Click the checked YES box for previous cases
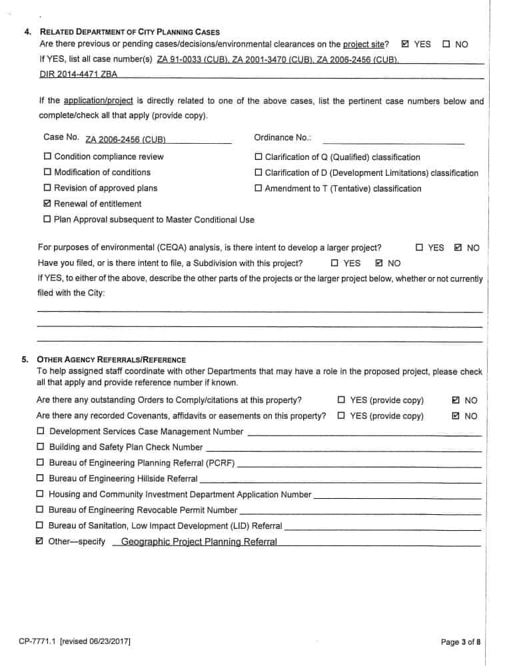click(405, 45)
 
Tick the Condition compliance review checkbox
click(47, 157)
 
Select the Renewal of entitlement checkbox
click(47, 204)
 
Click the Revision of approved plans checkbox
click(47, 188)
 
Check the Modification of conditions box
click(47, 172)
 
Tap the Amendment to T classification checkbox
click(258, 188)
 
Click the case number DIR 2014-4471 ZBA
click(79, 74)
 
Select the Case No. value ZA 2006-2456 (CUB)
click(125, 140)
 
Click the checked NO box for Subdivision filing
click(380, 263)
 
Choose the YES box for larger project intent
click(420, 248)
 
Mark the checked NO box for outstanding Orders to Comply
click(456, 400)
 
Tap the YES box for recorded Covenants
click(341, 416)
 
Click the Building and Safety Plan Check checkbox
click(41, 448)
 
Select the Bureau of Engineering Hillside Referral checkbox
click(41, 478)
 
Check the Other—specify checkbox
click(41, 541)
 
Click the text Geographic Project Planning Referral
click(199, 542)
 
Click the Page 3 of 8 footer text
click(460, 642)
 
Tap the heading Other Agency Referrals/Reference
click(111, 360)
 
